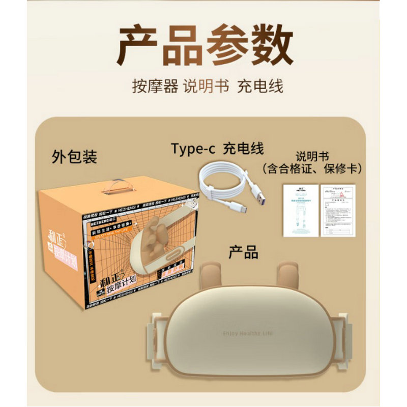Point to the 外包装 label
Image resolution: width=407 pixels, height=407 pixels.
(74, 157)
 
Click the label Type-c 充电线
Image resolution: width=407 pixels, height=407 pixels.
(217, 149)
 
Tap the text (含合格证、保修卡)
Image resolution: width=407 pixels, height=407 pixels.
(311, 168)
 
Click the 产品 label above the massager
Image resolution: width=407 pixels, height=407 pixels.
(243, 252)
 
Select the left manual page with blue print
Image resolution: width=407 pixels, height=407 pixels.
(300, 210)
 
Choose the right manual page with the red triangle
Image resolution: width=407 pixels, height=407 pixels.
(337, 209)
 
